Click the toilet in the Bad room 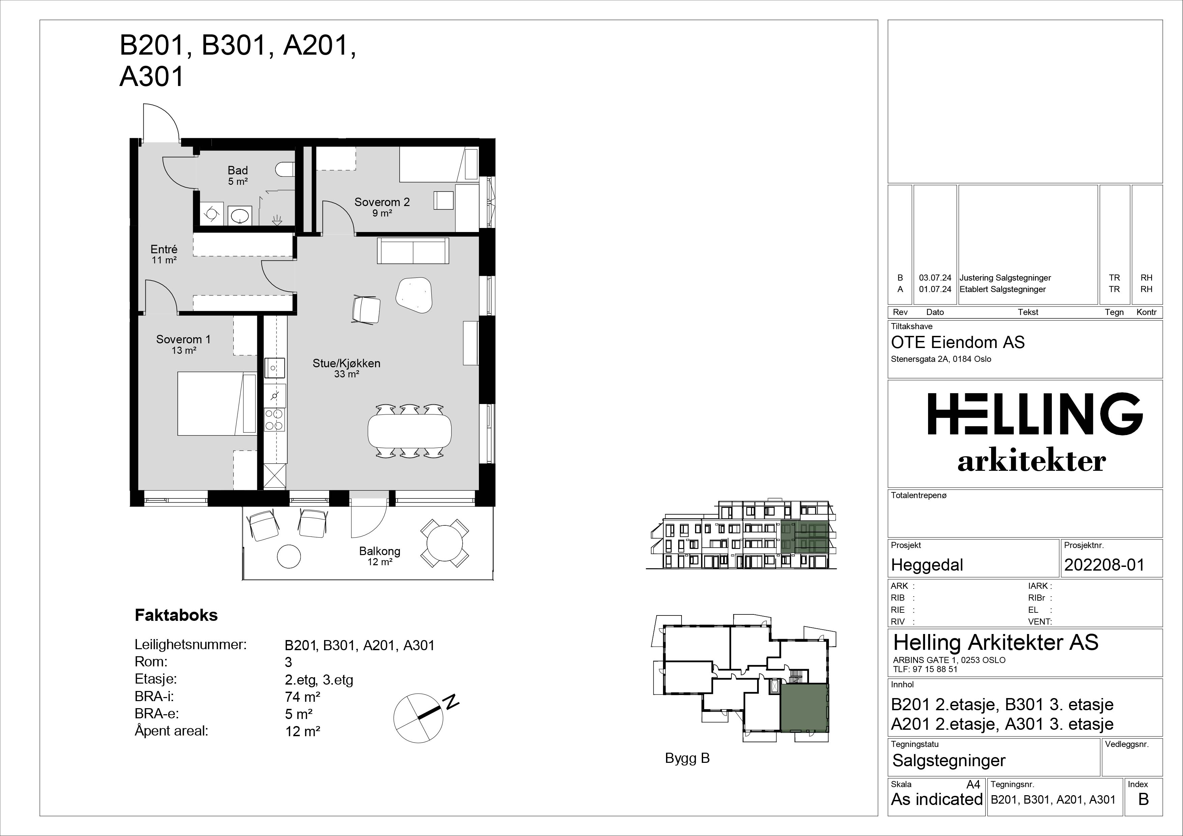click(x=285, y=169)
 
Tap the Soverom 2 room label click(x=382, y=202)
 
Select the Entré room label click(x=164, y=249)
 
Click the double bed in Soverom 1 click(x=217, y=404)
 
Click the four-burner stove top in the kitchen click(x=275, y=420)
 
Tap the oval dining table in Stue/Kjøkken click(x=410, y=431)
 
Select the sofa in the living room click(x=413, y=251)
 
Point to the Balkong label click(x=380, y=551)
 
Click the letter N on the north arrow click(x=452, y=701)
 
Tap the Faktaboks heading click(x=176, y=615)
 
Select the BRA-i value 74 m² click(x=303, y=697)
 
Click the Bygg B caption click(x=687, y=758)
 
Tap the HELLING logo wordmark click(x=1035, y=414)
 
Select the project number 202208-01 click(x=1104, y=565)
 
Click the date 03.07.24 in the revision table click(x=935, y=278)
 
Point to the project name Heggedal click(x=927, y=565)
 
